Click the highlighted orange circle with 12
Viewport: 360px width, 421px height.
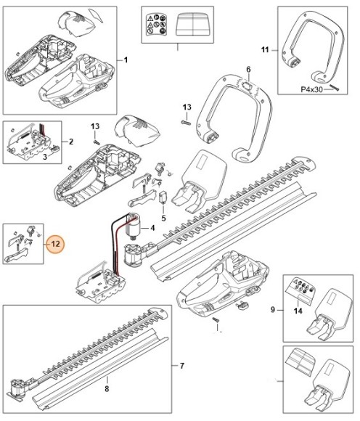(55, 245)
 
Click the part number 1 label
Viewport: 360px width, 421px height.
(126, 60)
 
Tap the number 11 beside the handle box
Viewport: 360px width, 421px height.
(265, 50)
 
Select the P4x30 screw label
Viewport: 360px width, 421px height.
(311, 89)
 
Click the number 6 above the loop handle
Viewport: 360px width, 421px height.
(248, 70)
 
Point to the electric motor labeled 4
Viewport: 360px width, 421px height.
(133, 226)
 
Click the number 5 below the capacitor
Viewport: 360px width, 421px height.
(164, 218)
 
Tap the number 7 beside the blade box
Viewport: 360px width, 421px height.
(182, 366)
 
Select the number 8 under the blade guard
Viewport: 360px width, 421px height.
(107, 388)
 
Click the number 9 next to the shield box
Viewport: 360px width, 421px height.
(273, 310)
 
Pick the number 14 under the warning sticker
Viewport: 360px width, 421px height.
(298, 311)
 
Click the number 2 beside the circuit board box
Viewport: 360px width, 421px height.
(71, 142)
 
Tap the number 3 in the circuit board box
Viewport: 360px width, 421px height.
(45, 157)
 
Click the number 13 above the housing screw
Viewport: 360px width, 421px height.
(95, 126)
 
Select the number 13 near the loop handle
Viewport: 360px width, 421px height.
(187, 107)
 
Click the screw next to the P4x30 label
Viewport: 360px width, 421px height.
(335, 88)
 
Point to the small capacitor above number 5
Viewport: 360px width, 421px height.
(163, 197)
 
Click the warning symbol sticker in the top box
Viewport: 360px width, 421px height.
(156, 25)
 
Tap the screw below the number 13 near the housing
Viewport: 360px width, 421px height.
(97, 142)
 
